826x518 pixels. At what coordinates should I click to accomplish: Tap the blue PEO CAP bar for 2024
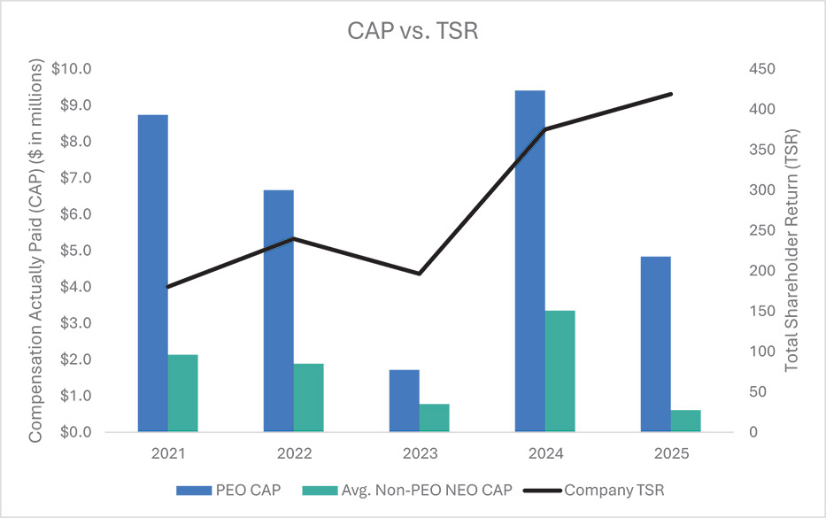[x=530, y=261]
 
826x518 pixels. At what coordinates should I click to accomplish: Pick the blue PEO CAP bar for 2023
[x=405, y=400]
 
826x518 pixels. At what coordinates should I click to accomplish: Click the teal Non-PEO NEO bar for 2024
[x=560, y=371]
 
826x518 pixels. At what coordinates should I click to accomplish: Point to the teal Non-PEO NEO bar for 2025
[x=686, y=421]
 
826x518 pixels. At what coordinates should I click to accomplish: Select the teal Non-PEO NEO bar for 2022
[x=309, y=398]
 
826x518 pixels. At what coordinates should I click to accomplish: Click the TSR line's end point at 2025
[x=671, y=94]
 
